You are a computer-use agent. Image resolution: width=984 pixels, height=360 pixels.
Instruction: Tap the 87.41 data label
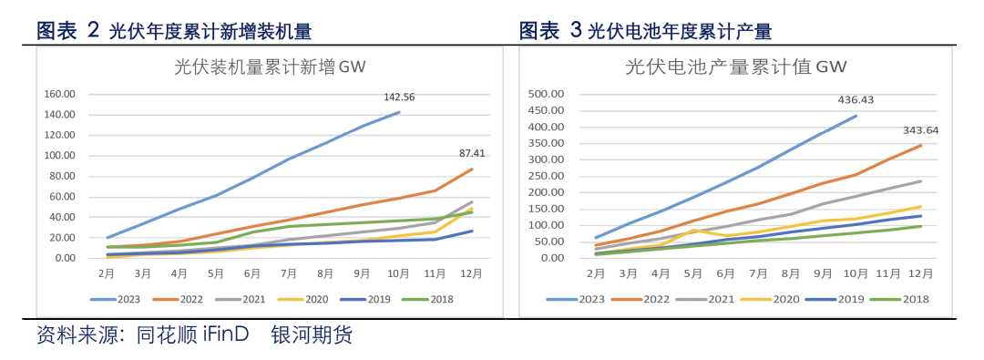pyautogui.click(x=471, y=153)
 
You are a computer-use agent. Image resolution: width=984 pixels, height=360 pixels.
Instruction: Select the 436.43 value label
pyautogui.click(x=856, y=100)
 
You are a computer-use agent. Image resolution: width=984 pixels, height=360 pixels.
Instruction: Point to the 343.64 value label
pyautogui.click(x=920, y=130)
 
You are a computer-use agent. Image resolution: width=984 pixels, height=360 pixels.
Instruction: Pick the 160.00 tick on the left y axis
pyautogui.click(x=59, y=94)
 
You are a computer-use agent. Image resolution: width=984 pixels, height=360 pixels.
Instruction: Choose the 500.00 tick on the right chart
pyautogui.click(x=548, y=94)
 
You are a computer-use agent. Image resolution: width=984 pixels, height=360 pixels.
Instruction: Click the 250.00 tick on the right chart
pyautogui.click(x=548, y=176)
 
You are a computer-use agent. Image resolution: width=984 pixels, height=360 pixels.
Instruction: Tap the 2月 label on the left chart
pyautogui.click(x=107, y=273)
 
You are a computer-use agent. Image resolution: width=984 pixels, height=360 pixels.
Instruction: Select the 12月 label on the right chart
pyautogui.click(x=920, y=273)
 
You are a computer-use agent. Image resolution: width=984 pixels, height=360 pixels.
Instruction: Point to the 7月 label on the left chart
pyautogui.click(x=290, y=273)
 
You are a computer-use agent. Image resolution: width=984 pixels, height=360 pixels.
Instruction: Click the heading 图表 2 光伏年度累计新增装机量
pyautogui.click(x=174, y=32)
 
